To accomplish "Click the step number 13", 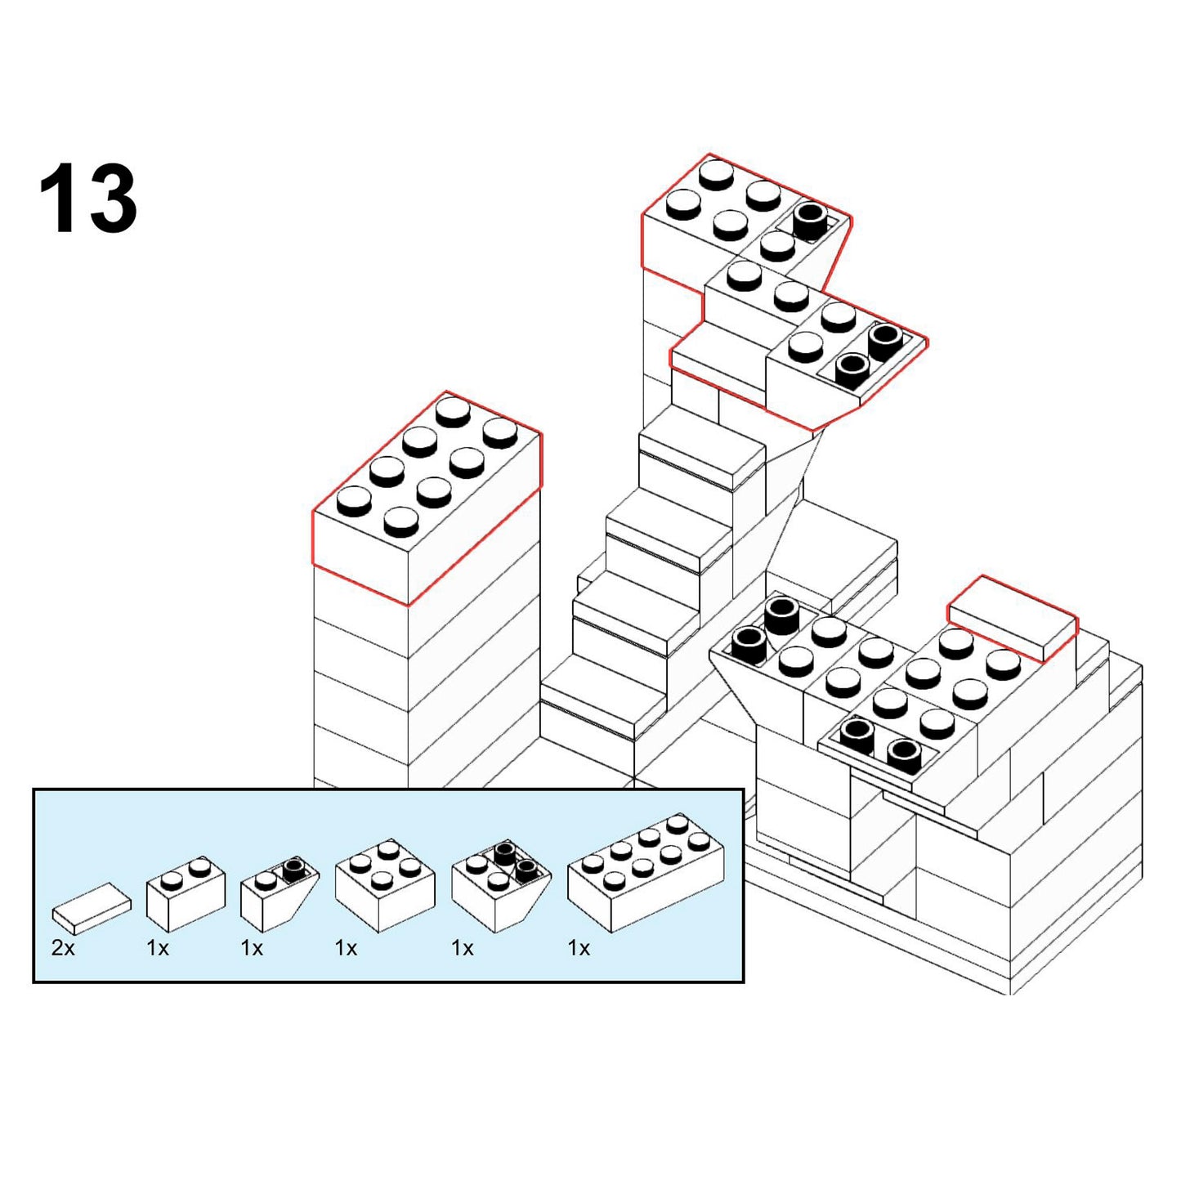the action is (88, 198).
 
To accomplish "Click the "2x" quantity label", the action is (63, 949).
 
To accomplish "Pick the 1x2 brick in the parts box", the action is (186, 892).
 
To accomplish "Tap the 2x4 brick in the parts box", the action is (646, 874).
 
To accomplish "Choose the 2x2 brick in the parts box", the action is (385, 886).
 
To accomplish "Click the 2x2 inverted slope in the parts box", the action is (501, 886).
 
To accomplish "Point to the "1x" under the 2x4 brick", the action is (579, 949).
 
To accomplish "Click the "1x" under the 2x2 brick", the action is (346, 949).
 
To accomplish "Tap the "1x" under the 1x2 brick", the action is (158, 949).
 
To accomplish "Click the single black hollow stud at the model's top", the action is (810, 221).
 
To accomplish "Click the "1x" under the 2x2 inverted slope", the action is (462, 949).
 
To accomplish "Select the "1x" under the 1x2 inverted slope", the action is (252, 949).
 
